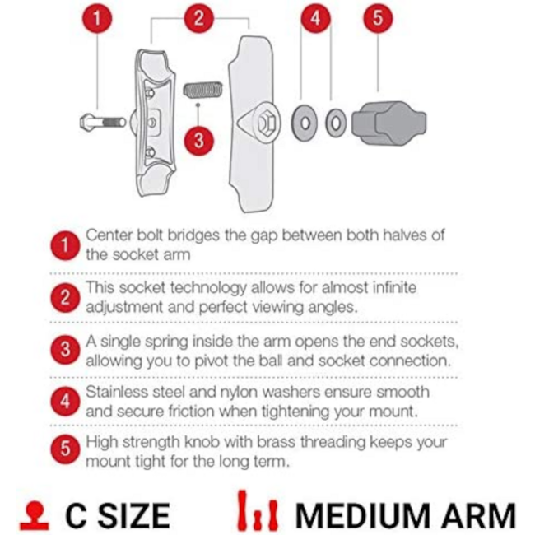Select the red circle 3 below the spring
click(198, 140)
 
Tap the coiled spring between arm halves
click(202, 87)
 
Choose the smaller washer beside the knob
click(335, 123)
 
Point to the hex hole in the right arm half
click(263, 125)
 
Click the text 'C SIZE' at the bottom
click(118, 515)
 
